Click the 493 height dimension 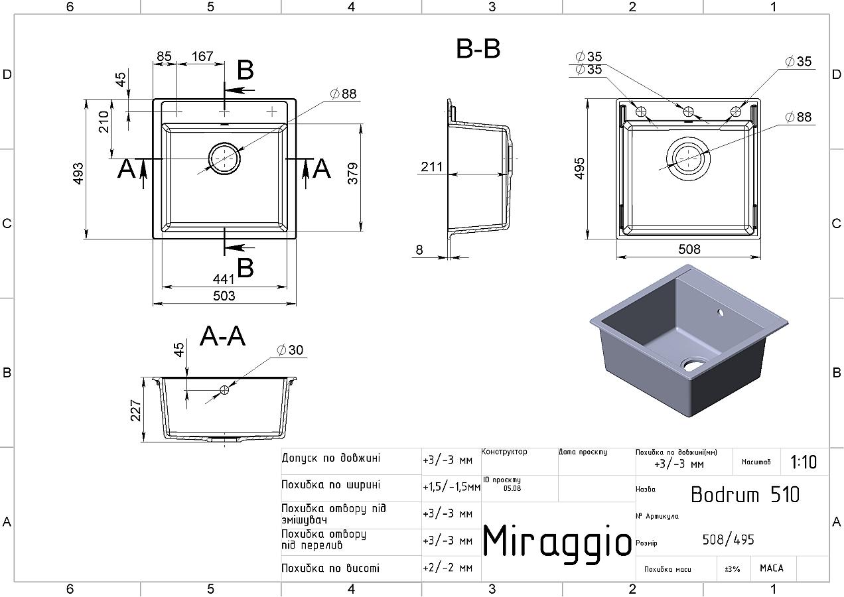tap(78, 174)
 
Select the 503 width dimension tap(224, 296)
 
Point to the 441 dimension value tap(224, 279)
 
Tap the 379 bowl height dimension tap(353, 173)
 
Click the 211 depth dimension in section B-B tap(432, 166)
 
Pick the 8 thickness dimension tap(419, 249)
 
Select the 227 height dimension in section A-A tap(135, 410)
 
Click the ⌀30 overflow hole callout tap(290, 350)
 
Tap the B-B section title tap(478, 48)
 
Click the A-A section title tap(223, 336)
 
